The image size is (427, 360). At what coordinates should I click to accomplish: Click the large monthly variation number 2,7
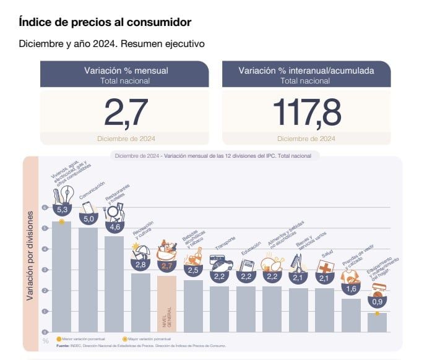pyautogui.click(x=126, y=111)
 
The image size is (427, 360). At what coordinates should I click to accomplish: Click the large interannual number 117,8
pyautogui.click(x=306, y=111)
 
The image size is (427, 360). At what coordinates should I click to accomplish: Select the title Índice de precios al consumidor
pyautogui.click(x=105, y=22)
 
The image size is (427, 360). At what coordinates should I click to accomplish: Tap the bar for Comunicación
pyautogui.click(x=88, y=278)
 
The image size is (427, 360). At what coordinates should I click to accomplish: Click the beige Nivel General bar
pyautogui.click(x=167, y=303)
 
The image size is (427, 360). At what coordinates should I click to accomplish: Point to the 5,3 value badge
pyautogui.click(x=62, y=211)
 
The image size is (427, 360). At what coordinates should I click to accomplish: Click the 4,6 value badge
pyautogui.click(x=114, y=226)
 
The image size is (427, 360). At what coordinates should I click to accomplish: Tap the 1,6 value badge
pyautogui.click(x=351, y=288)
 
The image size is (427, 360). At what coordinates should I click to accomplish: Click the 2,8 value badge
pyautogui.click(x=141, y=265)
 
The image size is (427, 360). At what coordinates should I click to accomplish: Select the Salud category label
pyautogui.click(x=327, y=254)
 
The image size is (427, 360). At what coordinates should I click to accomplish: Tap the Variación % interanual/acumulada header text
pyautogui.click(x=306, y=71)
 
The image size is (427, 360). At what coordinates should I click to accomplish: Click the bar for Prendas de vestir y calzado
pyautogui.click(x=351, y=315)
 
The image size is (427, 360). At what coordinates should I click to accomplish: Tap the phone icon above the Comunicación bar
pyautogui.click(x=88, y=207)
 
